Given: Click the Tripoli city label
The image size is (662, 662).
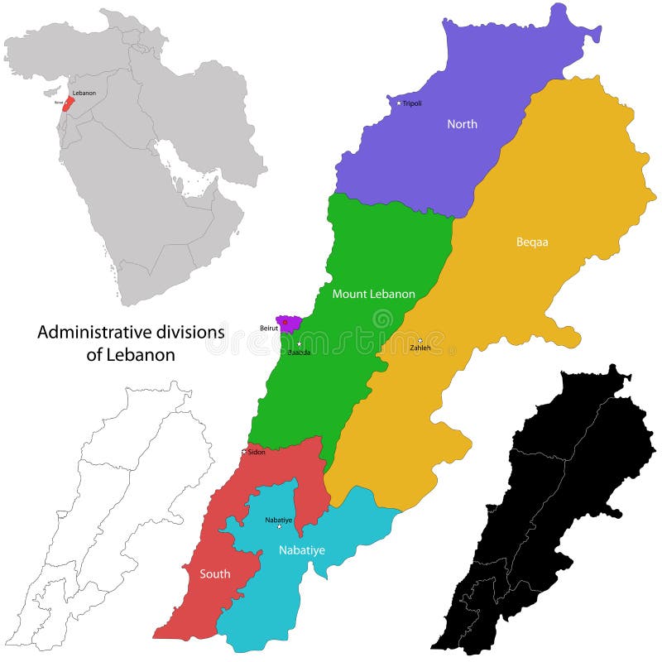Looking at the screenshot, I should pos(413,103).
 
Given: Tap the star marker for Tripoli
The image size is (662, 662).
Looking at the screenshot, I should pos(399,103).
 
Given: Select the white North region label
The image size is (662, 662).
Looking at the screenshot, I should pos(462,124).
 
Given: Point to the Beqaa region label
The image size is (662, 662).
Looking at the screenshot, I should pos(532,242).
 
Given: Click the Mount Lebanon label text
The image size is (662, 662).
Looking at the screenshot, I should pos(373,294).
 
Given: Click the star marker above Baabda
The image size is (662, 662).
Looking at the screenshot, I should pos(299,343).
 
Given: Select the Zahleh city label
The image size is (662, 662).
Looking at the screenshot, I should pos(420,348).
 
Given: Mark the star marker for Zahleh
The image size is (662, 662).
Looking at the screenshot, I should pos(420,340).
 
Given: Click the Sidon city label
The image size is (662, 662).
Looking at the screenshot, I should pos(255,452).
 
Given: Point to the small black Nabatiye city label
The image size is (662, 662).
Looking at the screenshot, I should pos(279,519).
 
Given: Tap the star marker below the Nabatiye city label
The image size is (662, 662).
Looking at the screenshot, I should pos(279,526).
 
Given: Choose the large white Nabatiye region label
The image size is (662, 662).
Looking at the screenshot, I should pos(300,548).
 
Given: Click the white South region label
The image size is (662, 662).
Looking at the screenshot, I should pos(214,573).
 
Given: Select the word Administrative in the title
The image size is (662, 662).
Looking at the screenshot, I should pos(94,332).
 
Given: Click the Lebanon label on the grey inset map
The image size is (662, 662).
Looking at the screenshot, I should pos(84,93).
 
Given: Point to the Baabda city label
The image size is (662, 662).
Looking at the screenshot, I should pos(299,353).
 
